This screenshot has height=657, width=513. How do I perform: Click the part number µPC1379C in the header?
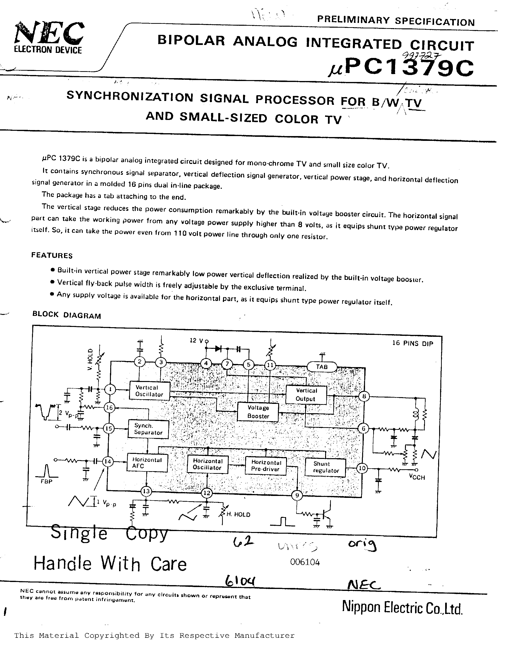[x=400, y=67]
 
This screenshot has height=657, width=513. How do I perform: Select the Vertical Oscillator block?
[x=149, y=391]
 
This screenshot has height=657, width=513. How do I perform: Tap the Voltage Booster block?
[x=258, y=412]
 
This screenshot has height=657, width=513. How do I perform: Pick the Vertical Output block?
[x=306, y=395]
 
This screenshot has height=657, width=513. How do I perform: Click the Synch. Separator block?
[x=148, y=429]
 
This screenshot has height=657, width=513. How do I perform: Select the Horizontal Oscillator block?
[x=207, y=464]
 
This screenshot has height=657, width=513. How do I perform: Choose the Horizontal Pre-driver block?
[x=266, y=466]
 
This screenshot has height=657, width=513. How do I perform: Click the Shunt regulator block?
[x=325, y=467]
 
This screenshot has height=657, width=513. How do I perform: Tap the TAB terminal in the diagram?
[x=321, y=367]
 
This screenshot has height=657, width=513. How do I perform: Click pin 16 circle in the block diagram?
[x=109, y=408]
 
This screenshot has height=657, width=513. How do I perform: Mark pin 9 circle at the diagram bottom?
[x=297, y=495]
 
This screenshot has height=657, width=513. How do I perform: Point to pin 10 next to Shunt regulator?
[x=362, y=468]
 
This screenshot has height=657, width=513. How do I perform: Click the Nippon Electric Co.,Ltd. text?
[x=402, y=607]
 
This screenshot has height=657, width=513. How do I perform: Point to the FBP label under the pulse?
[x=46, y=481]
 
